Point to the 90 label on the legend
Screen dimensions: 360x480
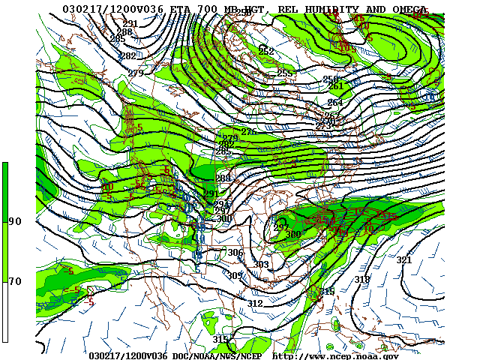tap(15, 221)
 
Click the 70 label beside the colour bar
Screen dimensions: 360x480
tap(15, 281)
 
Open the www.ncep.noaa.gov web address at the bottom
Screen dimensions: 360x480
tap(335, 355)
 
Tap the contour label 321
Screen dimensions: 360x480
tap(404, 260)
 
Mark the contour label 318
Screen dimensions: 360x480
tap(362, 279)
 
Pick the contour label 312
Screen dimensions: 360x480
tap(255, 303)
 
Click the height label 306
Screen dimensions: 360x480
tap(235, 253)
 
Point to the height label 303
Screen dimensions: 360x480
tap(260, 265)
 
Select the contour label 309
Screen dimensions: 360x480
tap(235, 276)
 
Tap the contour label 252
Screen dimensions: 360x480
tap(265, 51)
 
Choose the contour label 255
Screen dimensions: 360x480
tap(284, 73)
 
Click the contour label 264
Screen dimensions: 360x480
tap(334, 102)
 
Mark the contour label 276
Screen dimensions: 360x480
tap(248, 132)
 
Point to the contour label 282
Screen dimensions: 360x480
tap(128, 56)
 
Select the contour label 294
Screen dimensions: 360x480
tap(221, 204)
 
